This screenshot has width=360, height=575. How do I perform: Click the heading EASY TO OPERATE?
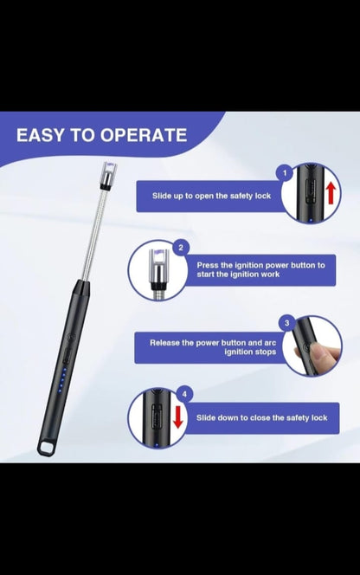(102, 135)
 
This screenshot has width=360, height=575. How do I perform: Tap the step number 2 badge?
(180, 248)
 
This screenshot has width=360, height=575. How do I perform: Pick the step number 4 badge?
(183, 395)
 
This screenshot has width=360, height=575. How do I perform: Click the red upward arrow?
(330, 192)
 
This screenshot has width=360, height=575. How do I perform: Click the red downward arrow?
(177, 417)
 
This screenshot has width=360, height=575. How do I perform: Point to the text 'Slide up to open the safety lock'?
(212, 196)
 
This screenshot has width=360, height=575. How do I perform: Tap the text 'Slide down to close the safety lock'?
(260, 417)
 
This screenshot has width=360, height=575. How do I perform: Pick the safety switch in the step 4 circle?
(157, 416)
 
